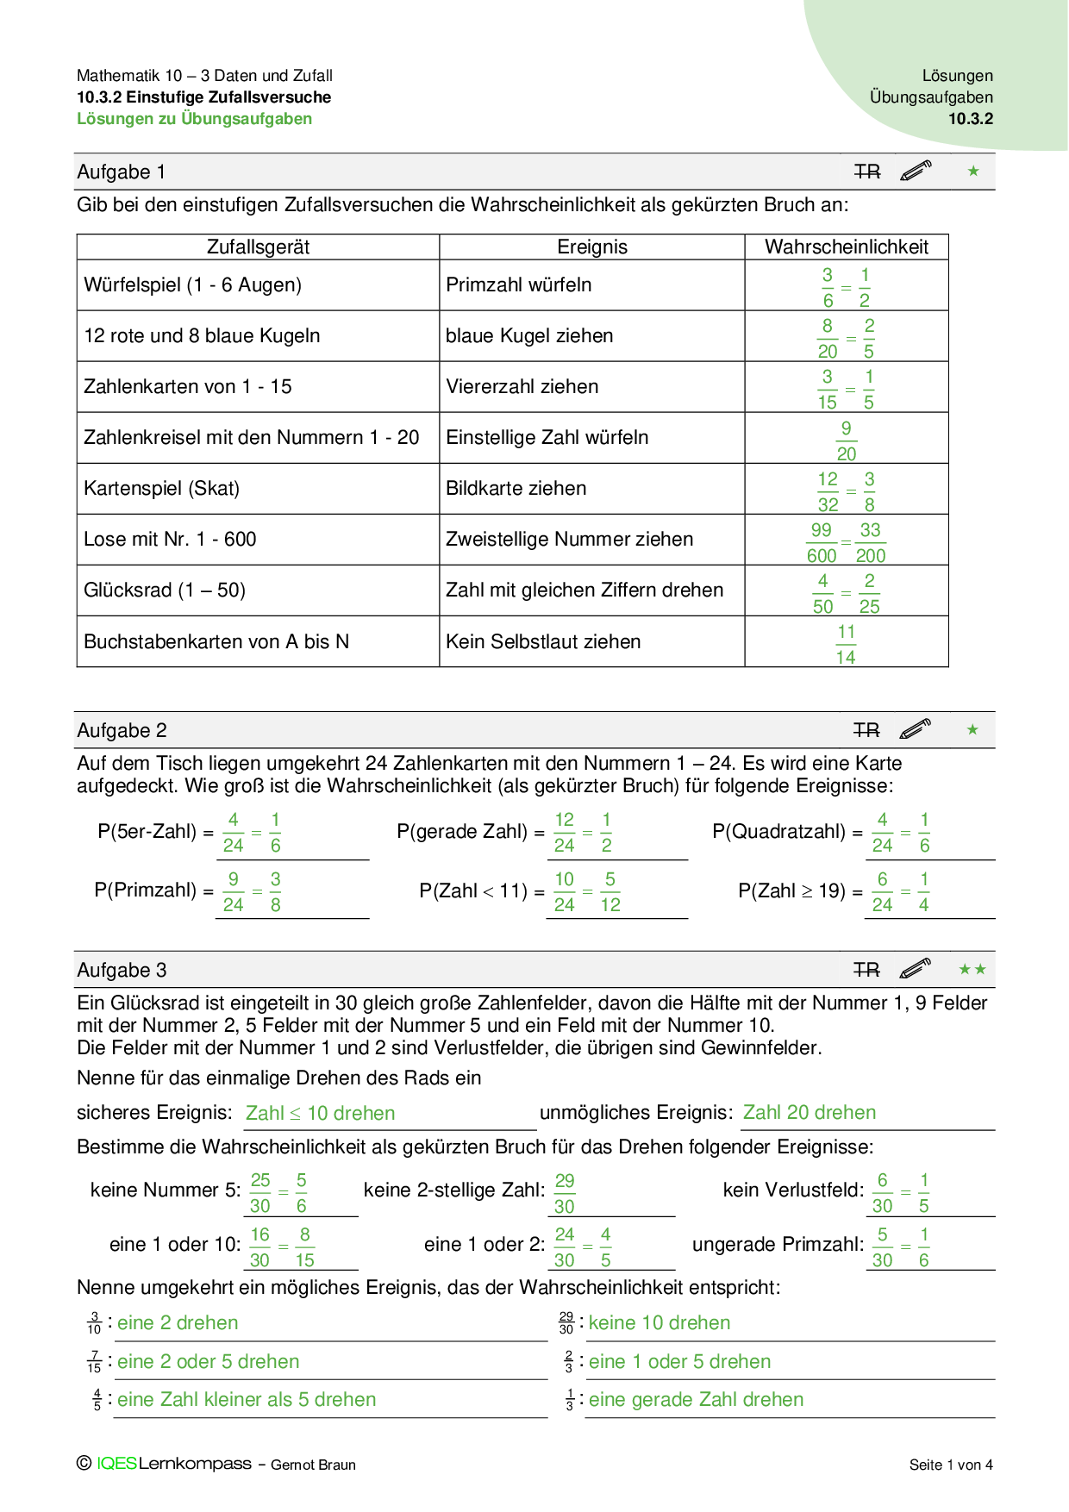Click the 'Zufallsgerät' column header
pyautogui.click(x=258, y=247)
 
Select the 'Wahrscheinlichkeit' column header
pyautogui.click(x=846, y=247)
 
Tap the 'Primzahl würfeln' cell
pyautogui.click(x=518, y=285)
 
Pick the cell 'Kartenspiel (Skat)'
pyautogui.click(x=161, y=489)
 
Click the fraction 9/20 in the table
pyautogui.click(x=846, y=441)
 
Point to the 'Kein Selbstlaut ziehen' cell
pyautogui.click(x=543, y=642)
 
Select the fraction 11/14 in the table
pyautogui.click(x=846, y=645)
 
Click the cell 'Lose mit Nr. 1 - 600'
pyautogui.click(x=170, y=540)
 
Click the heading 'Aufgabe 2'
pyautogui.click(x=122, y=731)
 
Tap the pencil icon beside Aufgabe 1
pyautogui.click(x=916, y=171)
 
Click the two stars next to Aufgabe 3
pyautogui.click(x=972, y=970)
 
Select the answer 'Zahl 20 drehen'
pyautogui.click(x=810, y=1113)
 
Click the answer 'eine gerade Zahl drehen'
pyautogui.click(x=696, y=1400)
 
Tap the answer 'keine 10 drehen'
pyautogui.click(x=660, y=1323)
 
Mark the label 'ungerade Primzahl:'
pyautogui.click(x=778, y=1245)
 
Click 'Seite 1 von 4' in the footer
pyautogui.click(x=951, y=1465)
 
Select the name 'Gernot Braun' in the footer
pyautogui.click(x=313, y=1465)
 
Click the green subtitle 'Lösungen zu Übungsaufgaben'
pyautogui.click(x=194, y=119)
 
